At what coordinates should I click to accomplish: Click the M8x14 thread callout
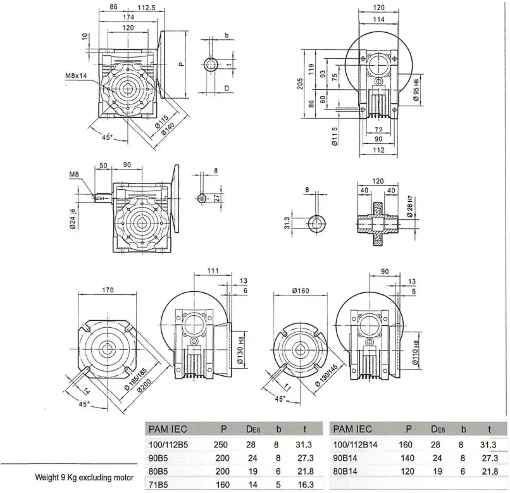pos(76,76)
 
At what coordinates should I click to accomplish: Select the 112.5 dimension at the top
pos(149,8)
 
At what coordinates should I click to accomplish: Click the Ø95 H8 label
pos(417,92)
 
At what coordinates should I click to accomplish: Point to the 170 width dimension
pos(107,291)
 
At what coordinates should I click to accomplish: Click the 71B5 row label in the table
pos(158,485)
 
